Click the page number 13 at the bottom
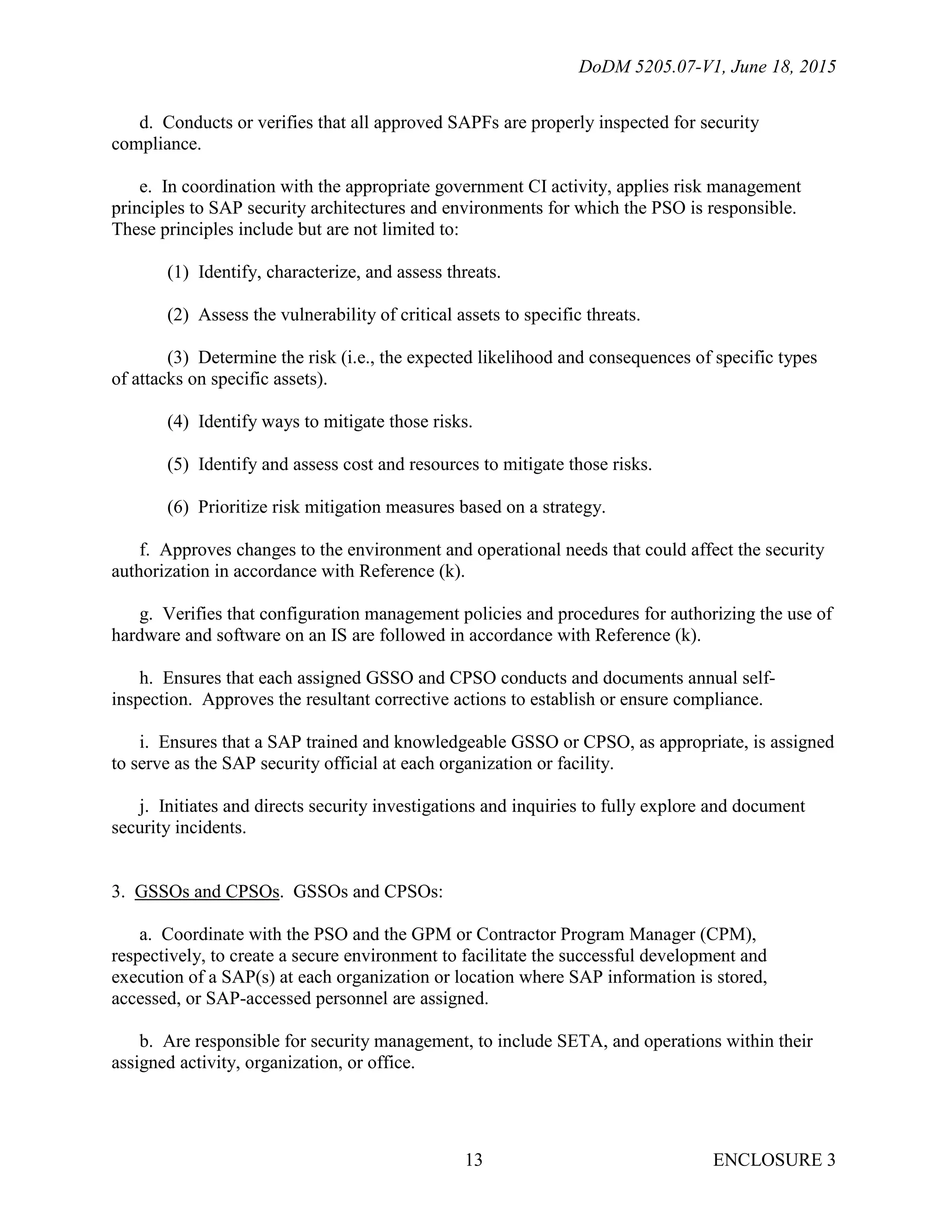(x=474, y=1160)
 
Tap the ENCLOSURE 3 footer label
(x=773, y=1160)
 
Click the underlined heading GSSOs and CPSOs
(x=206, y=892)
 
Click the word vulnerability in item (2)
(x=328, y=315)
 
